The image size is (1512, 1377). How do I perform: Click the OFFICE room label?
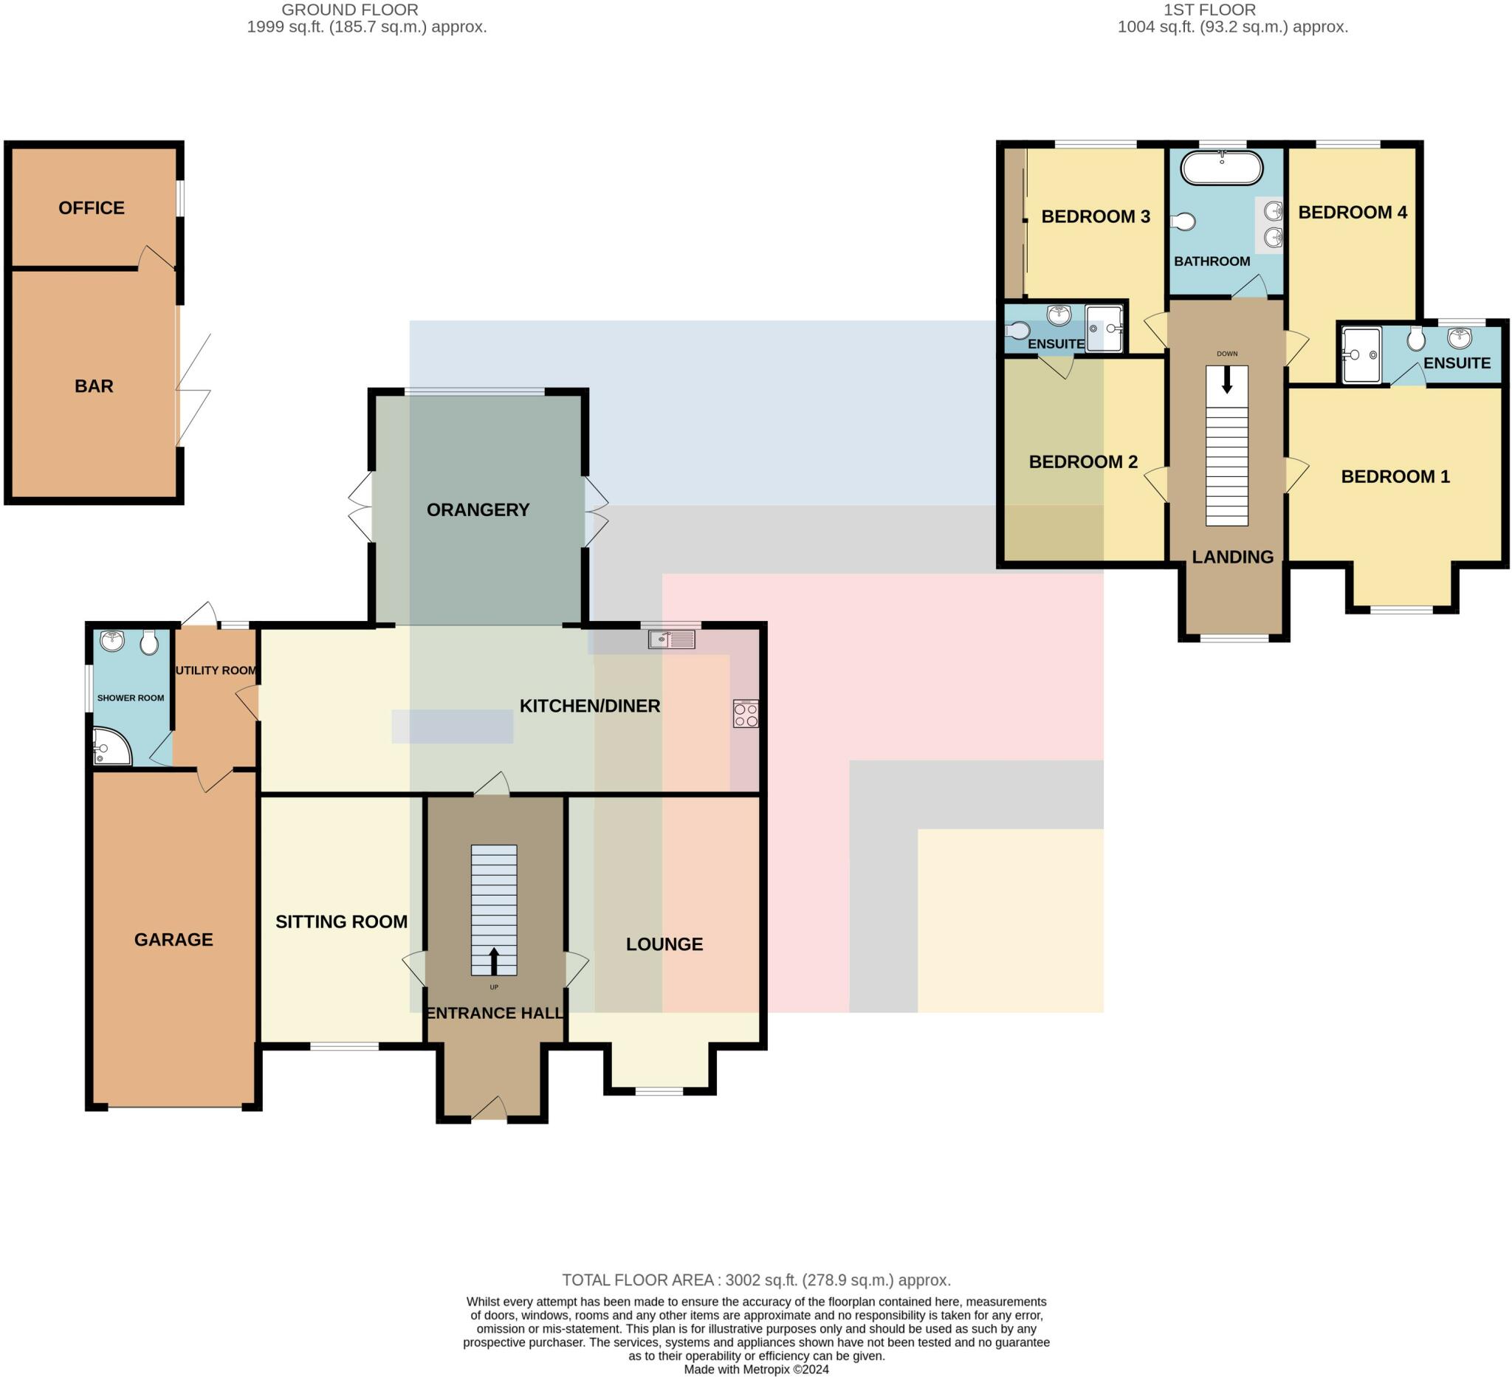92,207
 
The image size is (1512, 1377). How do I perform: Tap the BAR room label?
94,386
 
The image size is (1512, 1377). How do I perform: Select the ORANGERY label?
478,510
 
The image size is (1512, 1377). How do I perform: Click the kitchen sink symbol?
671,639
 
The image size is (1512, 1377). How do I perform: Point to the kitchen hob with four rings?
746,714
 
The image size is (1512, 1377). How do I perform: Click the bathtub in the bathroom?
1222,168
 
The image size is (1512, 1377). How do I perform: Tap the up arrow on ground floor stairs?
493,961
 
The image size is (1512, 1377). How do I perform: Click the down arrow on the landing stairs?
1227,381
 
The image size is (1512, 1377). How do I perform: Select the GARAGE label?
173,940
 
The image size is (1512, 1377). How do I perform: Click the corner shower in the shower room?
110,747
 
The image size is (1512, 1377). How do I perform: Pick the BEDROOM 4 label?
1353,212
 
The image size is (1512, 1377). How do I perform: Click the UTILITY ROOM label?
216,670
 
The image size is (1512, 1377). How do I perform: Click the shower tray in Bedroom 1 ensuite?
1361,354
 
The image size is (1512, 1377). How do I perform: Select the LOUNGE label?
664,944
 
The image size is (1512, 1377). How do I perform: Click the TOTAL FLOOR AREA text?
756,1280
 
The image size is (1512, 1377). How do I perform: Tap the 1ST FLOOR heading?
1209,10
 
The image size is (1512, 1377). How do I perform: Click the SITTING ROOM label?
341,921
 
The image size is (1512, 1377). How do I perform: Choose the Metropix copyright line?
756,1370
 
